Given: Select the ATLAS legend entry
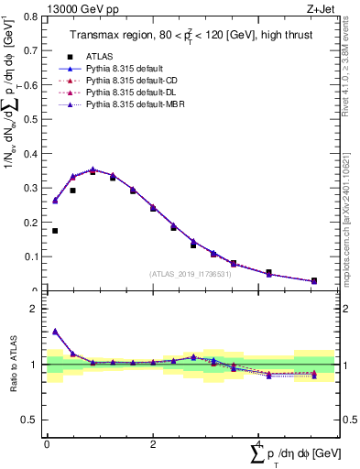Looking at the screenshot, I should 101,57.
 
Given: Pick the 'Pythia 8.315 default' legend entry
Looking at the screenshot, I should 125,69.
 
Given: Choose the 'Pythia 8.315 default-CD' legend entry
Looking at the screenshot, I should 131,81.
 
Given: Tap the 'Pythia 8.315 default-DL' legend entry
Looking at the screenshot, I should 131,93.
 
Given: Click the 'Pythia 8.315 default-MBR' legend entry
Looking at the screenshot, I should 134,104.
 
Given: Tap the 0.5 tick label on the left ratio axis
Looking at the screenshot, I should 31,420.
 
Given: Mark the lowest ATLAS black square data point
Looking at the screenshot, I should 313,280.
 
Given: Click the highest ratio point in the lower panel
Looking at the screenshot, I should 55,332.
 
